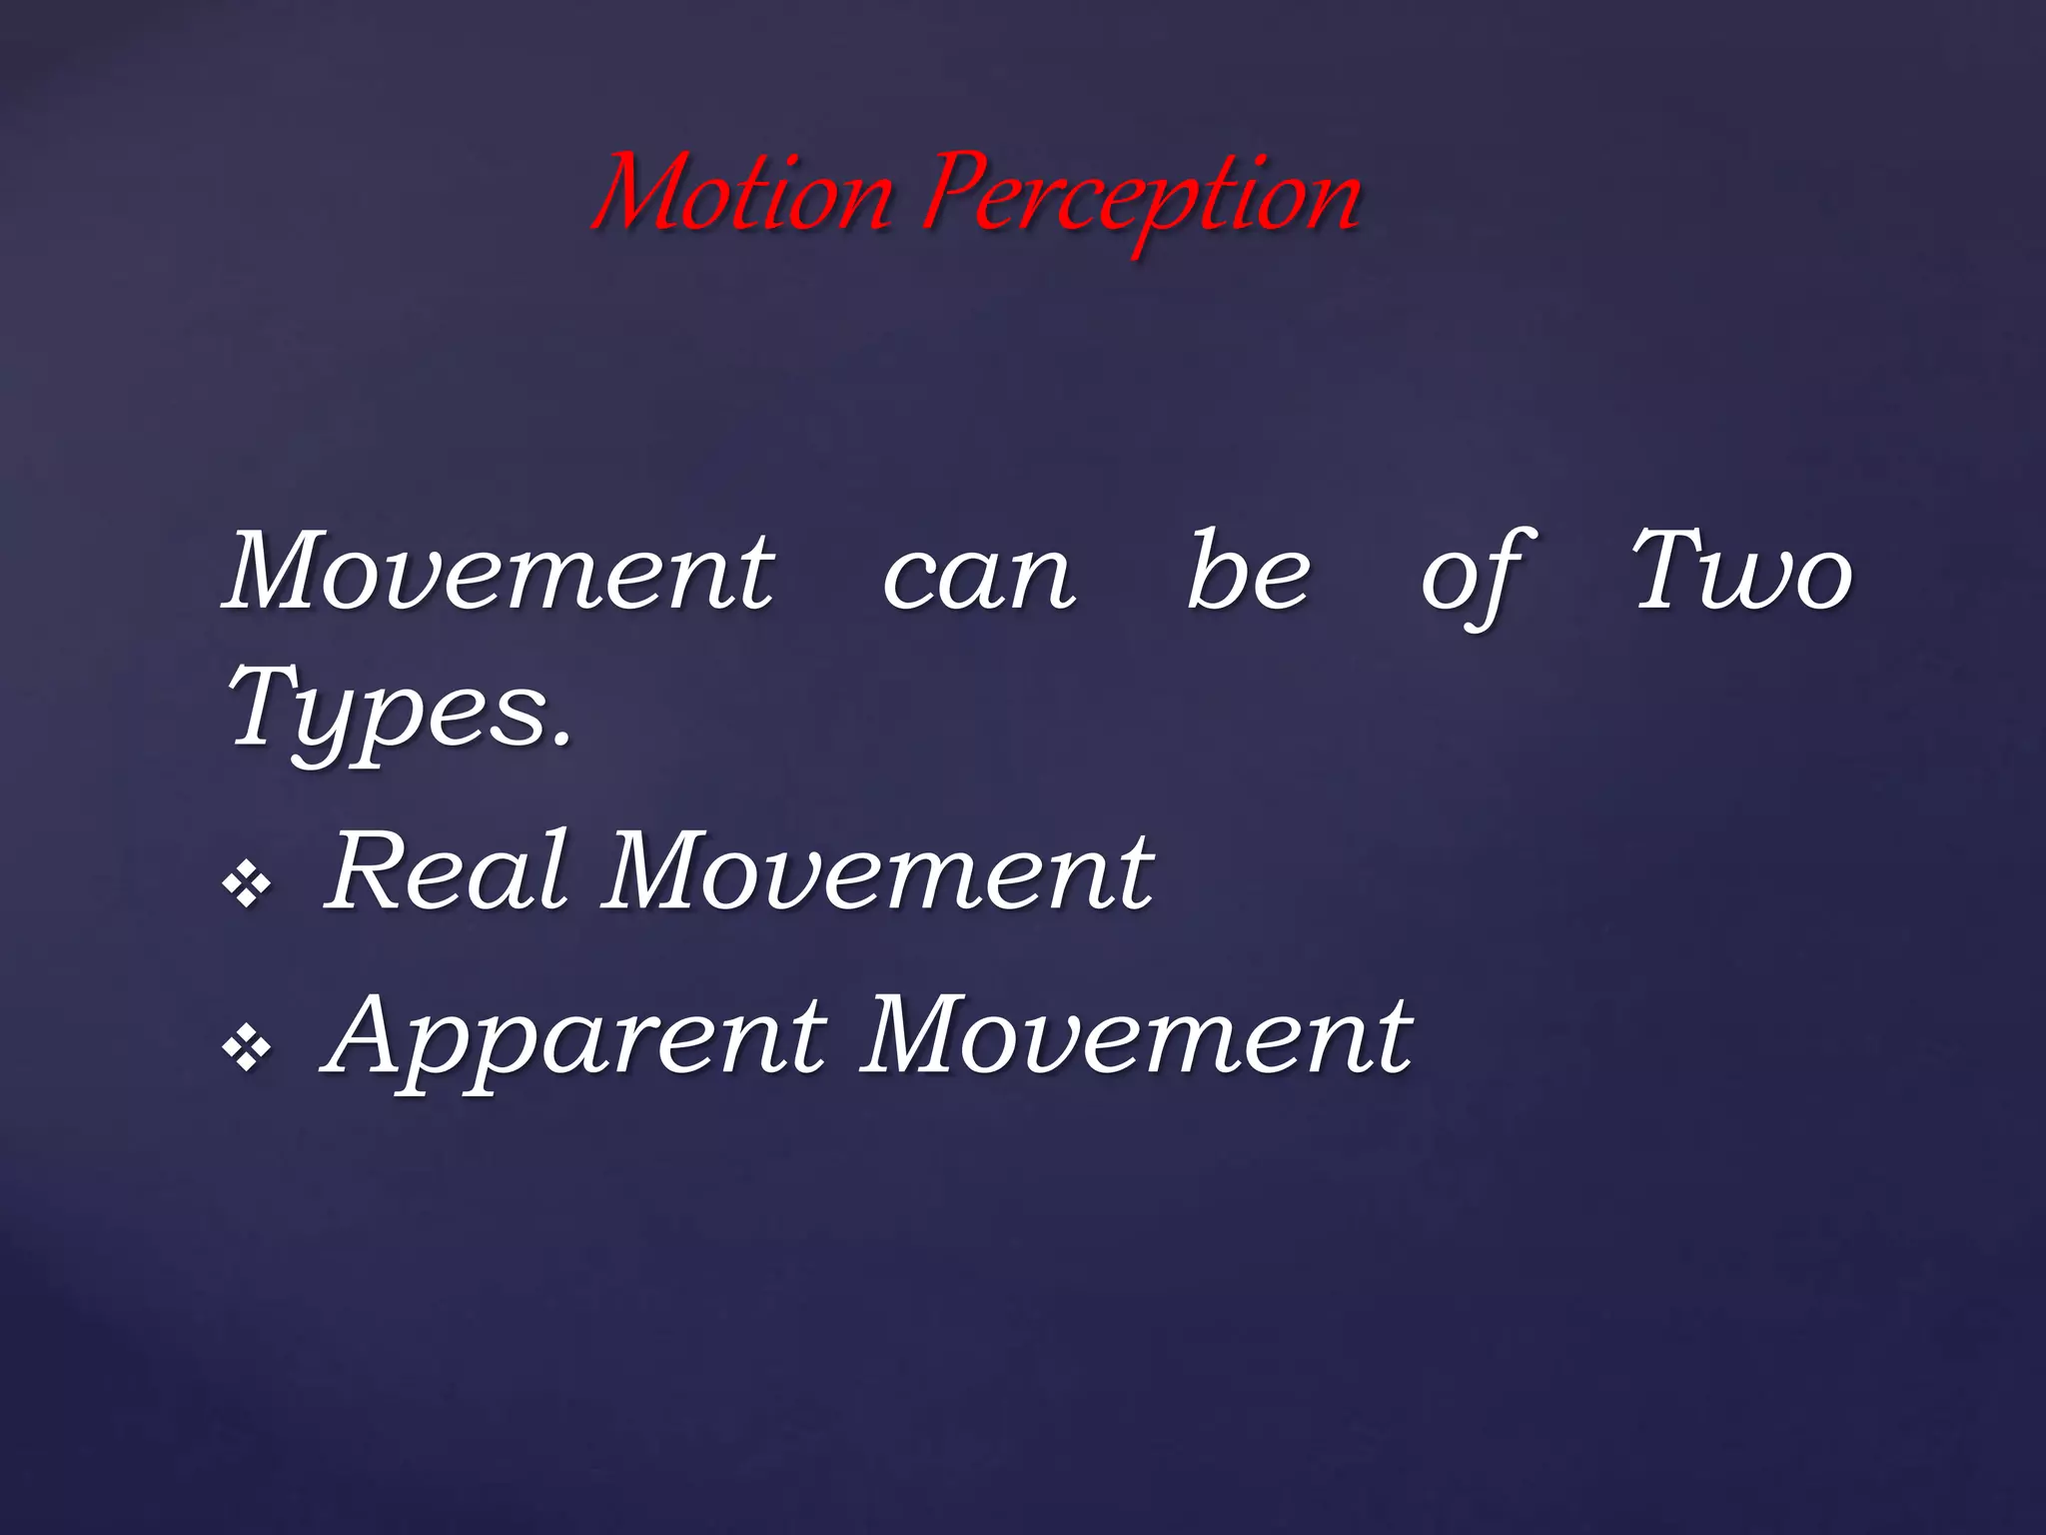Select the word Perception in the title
(x=1142, y=198)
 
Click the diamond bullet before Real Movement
(x=247, y=883)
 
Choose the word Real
(x=449, y=871)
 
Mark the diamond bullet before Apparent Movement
(x=247, y=1048)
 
